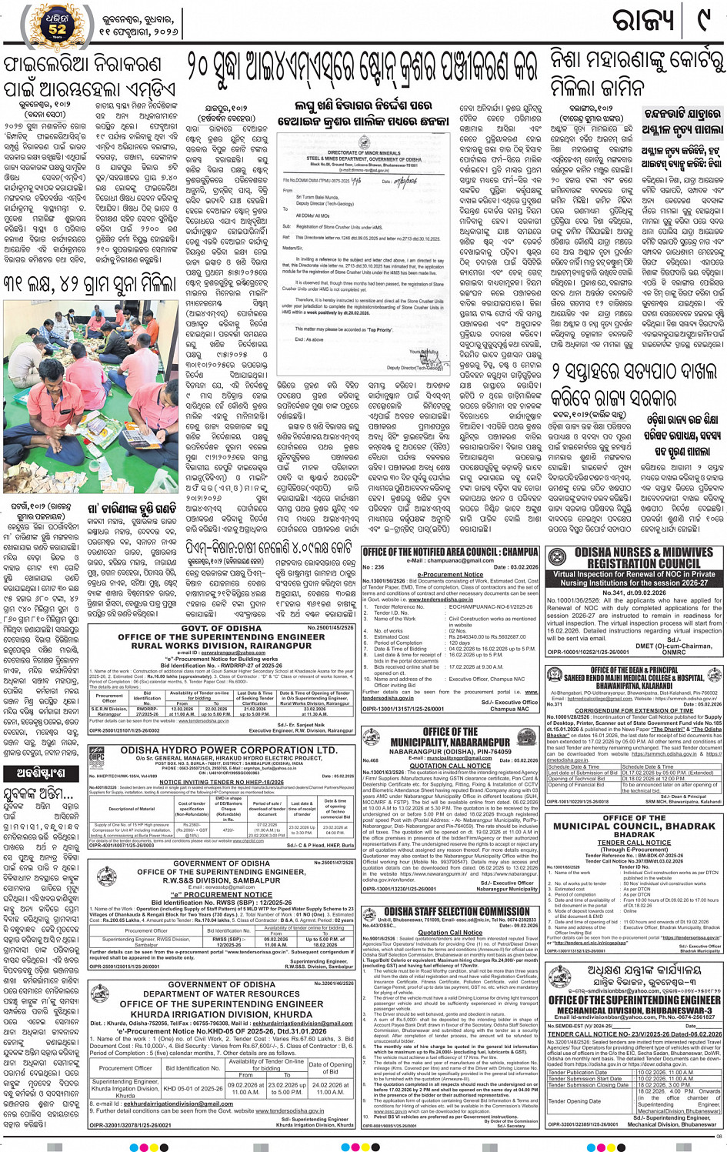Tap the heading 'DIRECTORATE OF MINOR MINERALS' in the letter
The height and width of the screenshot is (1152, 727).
(360, 154)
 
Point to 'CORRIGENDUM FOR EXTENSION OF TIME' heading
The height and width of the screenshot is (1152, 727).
(634, 710)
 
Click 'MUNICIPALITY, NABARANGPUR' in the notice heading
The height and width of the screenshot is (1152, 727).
(450, 743)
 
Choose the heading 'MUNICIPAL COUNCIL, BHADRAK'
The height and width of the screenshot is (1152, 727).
(634, 826)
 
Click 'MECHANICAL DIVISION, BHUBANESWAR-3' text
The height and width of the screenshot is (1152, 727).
(635, 1011)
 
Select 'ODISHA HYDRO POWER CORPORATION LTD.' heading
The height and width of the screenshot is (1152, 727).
(228, 750)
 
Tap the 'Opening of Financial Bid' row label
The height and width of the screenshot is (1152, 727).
(577, 785)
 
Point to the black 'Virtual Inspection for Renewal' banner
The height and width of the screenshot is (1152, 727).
(633, 578)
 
